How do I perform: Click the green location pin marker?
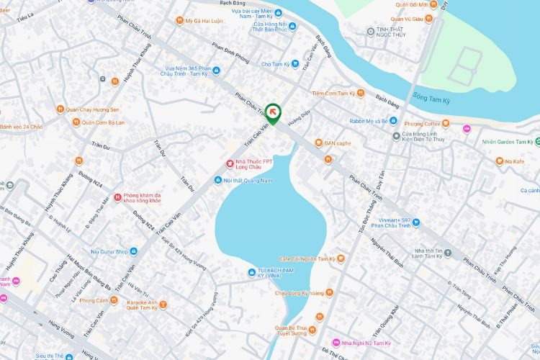(x=273, y=113)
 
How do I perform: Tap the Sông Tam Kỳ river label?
(x=436, y=94)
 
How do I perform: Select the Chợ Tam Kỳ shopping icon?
(x=294, y=64)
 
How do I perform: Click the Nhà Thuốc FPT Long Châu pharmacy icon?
(x=230, y=163)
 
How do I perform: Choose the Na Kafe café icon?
(x=498, y=161)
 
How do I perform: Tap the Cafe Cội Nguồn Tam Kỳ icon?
(x=341, y=258)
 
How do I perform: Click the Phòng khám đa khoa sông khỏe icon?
(x=117, y=197)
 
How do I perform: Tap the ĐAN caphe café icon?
(x=318, y=143)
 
